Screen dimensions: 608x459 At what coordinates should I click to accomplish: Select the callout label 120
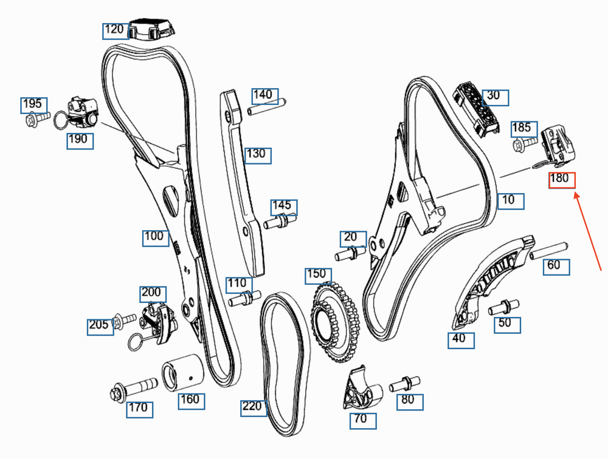click(114, 29)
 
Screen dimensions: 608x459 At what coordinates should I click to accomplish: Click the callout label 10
click(510, 200)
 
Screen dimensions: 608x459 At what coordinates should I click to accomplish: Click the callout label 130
click(256, 154)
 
